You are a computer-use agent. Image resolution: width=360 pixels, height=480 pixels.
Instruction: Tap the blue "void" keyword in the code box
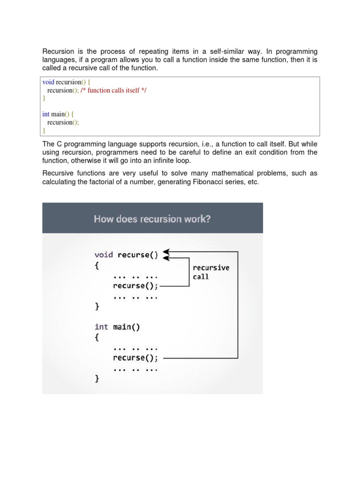pos(48,82)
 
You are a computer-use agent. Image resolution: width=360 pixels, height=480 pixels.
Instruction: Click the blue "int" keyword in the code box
pos(46,114)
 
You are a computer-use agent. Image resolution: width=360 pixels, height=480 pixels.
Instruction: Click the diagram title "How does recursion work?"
pos(152,219)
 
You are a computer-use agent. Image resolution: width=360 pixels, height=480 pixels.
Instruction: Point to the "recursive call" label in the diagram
pos(211,272)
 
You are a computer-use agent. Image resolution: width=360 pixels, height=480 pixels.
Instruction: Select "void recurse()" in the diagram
pos(126,255)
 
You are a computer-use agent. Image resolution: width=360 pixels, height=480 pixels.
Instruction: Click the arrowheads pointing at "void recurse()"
pos(166,255)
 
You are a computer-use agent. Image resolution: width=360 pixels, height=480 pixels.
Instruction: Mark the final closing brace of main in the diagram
pos(97,379)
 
